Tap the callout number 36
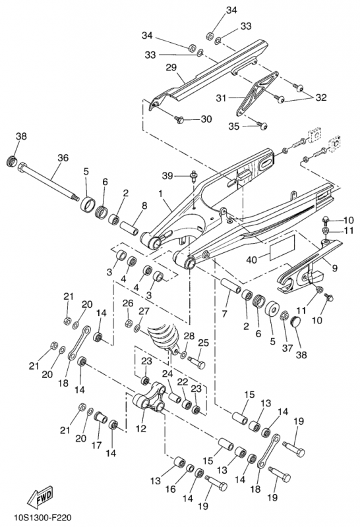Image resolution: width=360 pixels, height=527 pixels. [x=63, y=157]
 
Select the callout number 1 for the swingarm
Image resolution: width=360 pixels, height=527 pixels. [x=160, y=194]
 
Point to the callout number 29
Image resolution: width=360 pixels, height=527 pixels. [x=171, y=68]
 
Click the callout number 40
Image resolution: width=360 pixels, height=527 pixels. [x=252, y=260]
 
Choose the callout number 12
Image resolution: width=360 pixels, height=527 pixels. [x=141, y=429]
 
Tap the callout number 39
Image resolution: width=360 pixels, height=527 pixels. [x=168, y=175]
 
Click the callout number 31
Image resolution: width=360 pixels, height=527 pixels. [x=221, y=98]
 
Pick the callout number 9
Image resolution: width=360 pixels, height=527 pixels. [x=334, y=268]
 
